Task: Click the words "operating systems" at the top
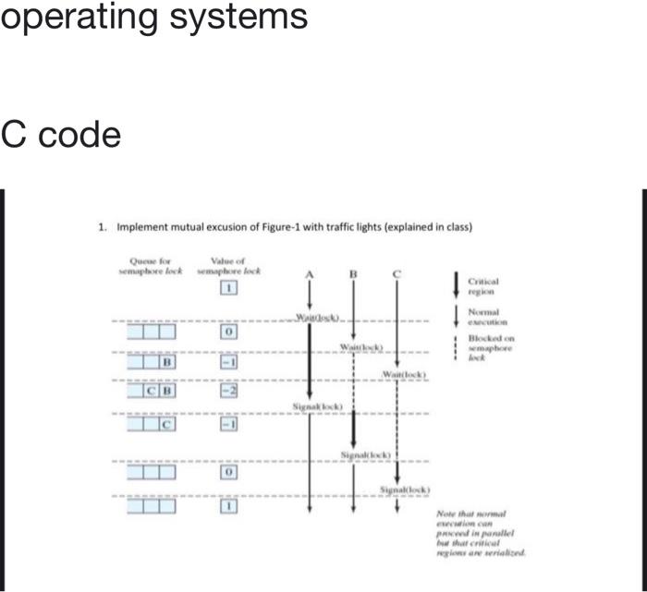point(153,17)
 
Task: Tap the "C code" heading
point(61,136)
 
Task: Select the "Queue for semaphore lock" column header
point(152,266)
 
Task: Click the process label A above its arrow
point(310,275)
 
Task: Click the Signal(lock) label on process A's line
point(317,406)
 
